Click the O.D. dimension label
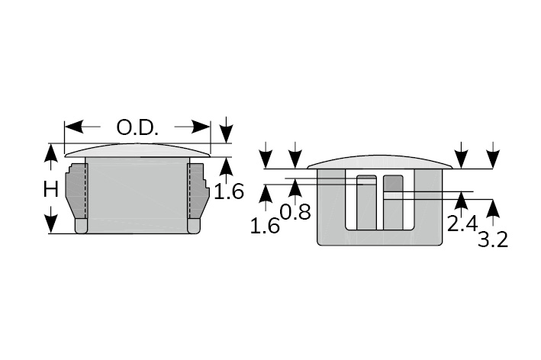137,127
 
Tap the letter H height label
51,189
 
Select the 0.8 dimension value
295,212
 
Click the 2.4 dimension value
462,223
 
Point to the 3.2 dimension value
493,239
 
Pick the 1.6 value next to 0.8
265,227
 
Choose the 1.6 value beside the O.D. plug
229,191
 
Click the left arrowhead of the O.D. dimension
74,127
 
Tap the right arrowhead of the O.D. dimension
201,127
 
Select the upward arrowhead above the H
51,153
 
